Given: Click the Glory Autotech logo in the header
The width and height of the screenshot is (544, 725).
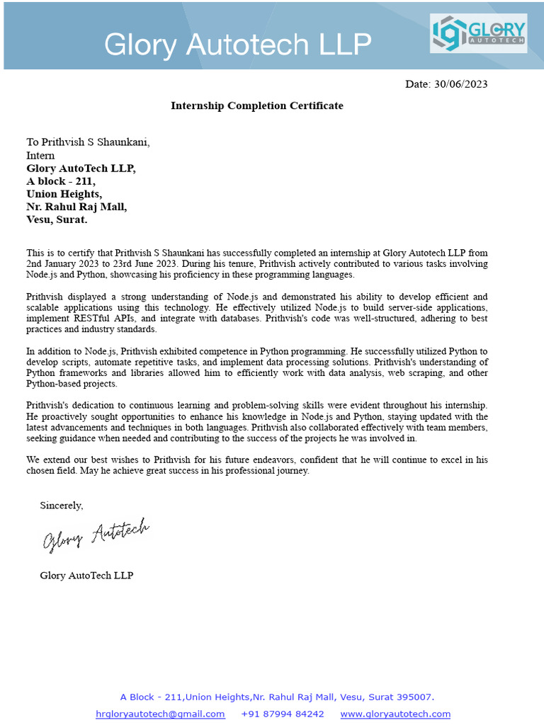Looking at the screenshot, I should pyautogui.click(x=478, y=33).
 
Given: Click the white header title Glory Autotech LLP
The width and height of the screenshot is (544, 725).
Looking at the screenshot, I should pyautogui.click(x=237, y=45).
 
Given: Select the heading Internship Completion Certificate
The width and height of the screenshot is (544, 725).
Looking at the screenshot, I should pyautogui.click(x=256, y=106).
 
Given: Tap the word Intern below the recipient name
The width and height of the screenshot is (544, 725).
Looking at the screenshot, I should pyautogui.click(x=40, y=156).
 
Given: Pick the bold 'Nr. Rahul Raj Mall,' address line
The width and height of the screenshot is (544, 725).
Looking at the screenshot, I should pyautogui.click(x=76, y=207).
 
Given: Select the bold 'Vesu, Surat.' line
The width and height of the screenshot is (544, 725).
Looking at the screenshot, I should pyautogui.click(x=57, y=219).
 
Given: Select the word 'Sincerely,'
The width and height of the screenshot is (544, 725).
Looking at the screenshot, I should pyautogui.click(x=62, y=506).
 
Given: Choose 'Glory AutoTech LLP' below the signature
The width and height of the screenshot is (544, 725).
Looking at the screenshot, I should pyautogui.click(x=86, y=576).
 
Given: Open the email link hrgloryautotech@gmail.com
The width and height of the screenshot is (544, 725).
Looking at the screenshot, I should pyautogui.click(x=160, y=714).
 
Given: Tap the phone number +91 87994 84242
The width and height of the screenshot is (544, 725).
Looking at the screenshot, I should pyautogui.click(x=283, y=714).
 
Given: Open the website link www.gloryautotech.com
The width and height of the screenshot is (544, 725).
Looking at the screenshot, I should pyautogui.click(x=395, y=714).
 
